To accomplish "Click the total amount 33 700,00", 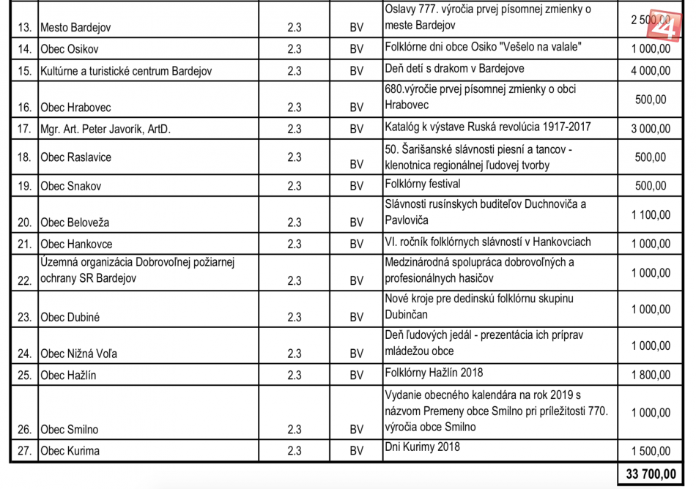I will (x=648, y=474).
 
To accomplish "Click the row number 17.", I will (x=25, y=129).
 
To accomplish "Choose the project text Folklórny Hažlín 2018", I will (x=434, y=373).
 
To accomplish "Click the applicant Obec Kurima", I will (x=70, y=451).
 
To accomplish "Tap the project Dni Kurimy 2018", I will (x=423, y=447).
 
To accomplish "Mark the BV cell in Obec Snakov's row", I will (x=357, y=186).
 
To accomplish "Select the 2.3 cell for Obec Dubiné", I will (x=295, y=317).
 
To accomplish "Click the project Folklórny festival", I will (x=423, y=183).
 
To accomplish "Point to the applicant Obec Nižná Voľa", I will (x=79, y=354).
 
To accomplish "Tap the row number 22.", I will (x=25, y=280).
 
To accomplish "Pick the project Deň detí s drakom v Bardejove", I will (x=454, y=68).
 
